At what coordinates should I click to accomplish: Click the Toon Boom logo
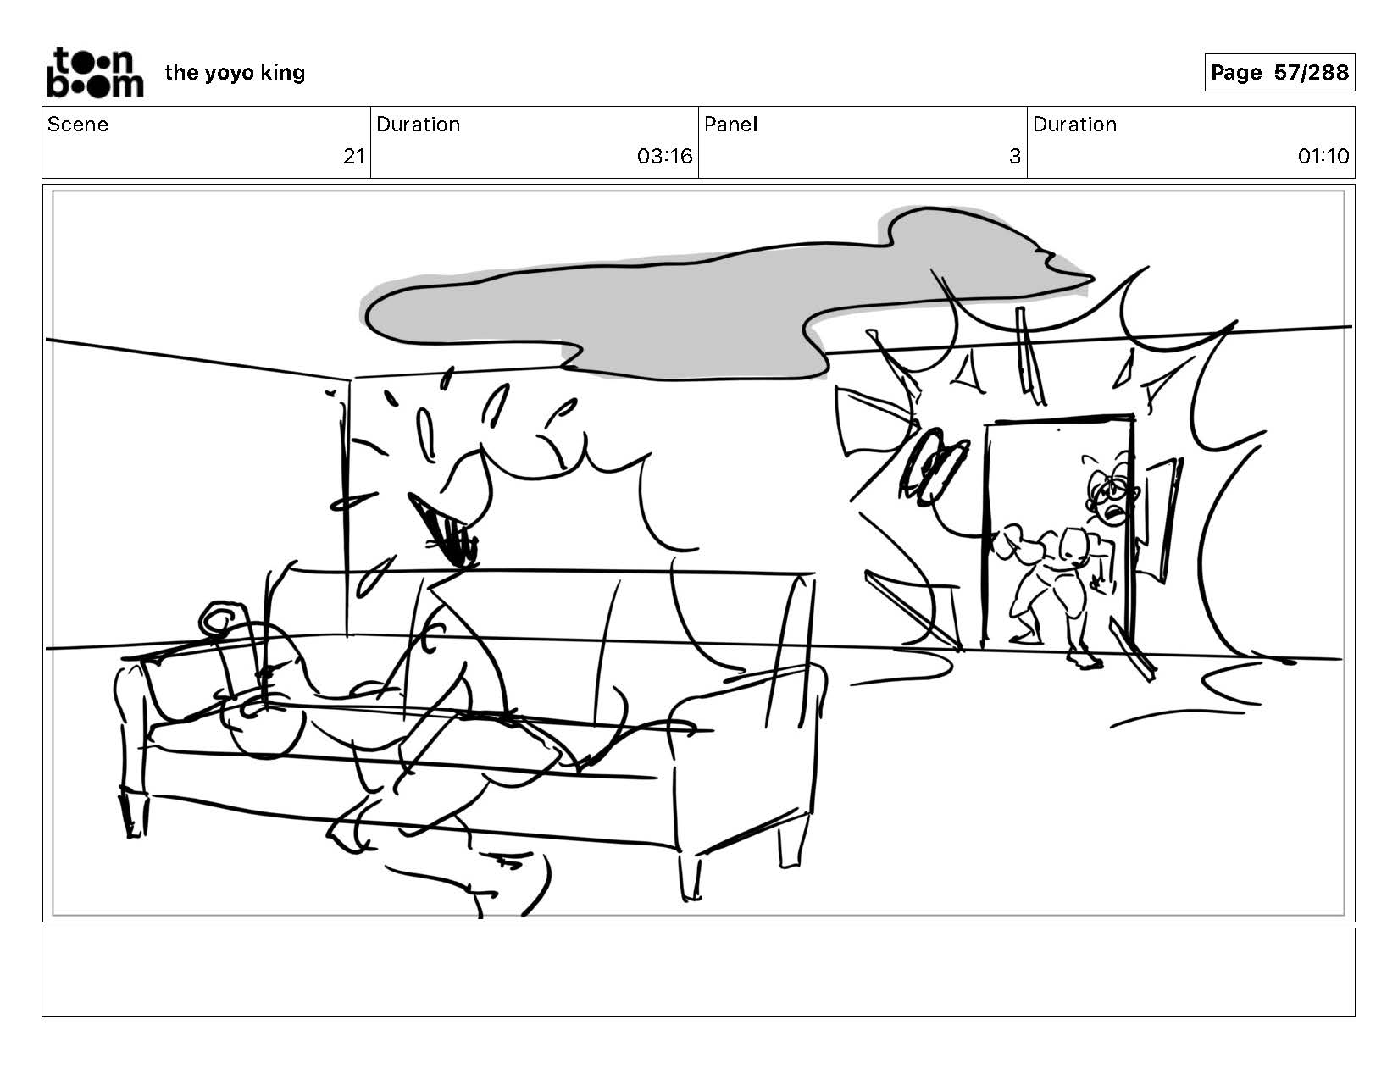pyautogui.click(x=95, y=73)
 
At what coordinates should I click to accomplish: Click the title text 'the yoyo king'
pyautogui.click(x=235, y=73)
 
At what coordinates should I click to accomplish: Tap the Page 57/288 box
pyautogui.click(x=1279, y=72)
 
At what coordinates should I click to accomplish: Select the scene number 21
pyautogui.click(x=354, y=157)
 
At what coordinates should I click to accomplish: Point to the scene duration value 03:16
pyautogui.click(x=664, y=157)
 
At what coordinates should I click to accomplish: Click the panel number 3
pyautogui.click(x=1014, y=157)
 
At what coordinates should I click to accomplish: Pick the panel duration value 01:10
pyautogui.click(x=1323, y=157)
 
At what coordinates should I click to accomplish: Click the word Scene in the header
pyautogui.click(x=78, y=125)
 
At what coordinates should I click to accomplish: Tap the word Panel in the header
pyautogui.click(x=731, y=125)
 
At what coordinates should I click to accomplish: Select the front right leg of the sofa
pyautogui.click(x=688, y=876)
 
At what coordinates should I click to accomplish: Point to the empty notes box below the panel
pyautogui.click(x=699, y=972)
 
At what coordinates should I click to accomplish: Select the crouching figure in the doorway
pyautogui.click(x=1062, y=579)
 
